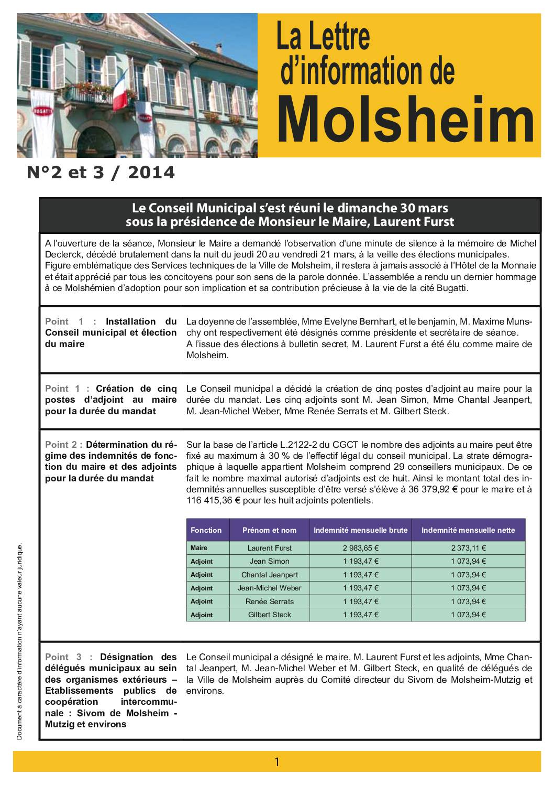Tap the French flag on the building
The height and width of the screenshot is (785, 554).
120,87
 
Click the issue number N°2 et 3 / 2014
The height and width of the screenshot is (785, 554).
101,173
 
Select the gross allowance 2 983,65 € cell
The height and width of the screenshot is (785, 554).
360,548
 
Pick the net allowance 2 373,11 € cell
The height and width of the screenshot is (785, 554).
468,548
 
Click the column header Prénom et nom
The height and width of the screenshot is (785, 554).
269,530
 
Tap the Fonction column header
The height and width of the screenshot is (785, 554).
206,530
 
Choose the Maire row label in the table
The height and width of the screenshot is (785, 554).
199,548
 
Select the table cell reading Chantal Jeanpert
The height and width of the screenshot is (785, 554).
269,575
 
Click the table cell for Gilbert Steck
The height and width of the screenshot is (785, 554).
269,615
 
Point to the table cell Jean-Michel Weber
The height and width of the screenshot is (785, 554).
269,588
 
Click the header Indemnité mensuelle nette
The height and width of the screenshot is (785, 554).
468,530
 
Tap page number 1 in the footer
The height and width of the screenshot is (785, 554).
277,761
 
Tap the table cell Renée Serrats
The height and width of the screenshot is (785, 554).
269,601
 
